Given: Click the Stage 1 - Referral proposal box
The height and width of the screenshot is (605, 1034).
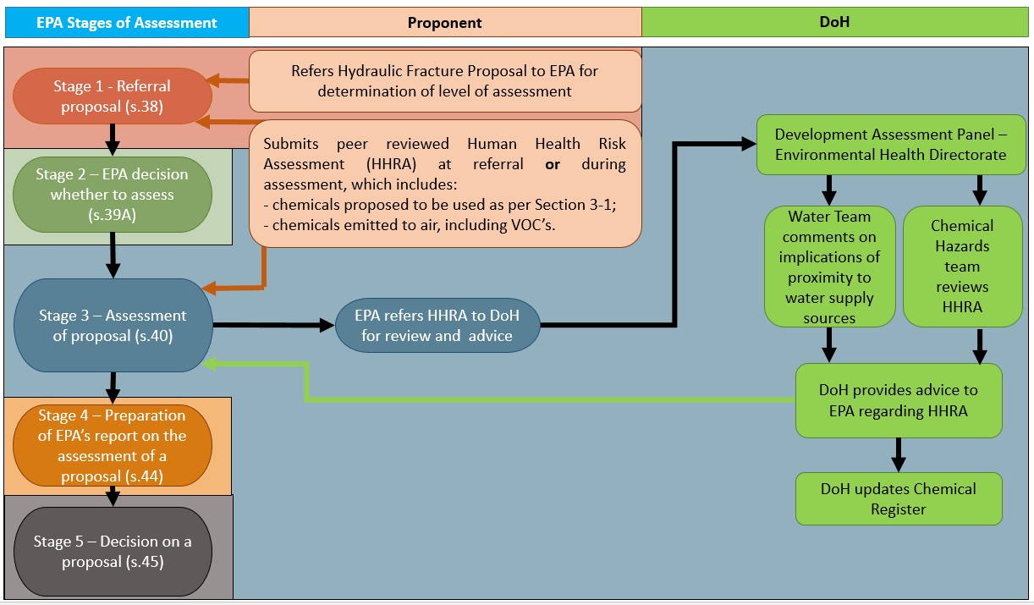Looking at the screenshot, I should (x=112, y=96).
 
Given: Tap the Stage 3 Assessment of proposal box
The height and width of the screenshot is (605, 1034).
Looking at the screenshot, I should (x=112, y=326).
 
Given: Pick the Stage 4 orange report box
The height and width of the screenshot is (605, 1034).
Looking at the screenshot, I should (x=112, y=446).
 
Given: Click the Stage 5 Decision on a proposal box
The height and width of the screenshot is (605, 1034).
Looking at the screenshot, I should (x=112, y=552).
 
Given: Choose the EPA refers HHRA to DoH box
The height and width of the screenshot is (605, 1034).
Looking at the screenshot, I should (x=437, y=326).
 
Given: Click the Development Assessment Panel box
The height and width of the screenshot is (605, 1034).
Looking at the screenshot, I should (x=890, y=145).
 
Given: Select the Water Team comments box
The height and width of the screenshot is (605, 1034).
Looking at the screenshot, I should (x=829, y=267).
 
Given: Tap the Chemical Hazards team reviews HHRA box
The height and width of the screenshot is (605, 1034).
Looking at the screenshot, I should (x=962, y=267).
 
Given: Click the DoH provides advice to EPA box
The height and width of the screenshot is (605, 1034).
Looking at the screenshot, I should (x=899, y=400).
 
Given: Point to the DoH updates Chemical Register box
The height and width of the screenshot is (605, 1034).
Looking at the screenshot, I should (x=899, y=498).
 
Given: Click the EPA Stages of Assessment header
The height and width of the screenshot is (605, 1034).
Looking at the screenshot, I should (x=127, y=23).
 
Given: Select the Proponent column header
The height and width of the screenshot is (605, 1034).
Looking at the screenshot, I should (x=445, y=23).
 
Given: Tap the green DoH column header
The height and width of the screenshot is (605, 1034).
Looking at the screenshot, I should (x=836, y=23).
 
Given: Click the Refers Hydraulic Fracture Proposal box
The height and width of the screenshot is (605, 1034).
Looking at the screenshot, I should (x=445, y=81).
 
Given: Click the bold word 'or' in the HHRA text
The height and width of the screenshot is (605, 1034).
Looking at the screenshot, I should (x=553, y=164).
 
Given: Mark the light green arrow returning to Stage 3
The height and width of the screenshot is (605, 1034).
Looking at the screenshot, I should (x=508, y=398).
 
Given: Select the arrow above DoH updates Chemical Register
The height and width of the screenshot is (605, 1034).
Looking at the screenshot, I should (x=899, y=455).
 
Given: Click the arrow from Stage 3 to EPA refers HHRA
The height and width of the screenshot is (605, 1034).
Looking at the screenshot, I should (x=271, y=325).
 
